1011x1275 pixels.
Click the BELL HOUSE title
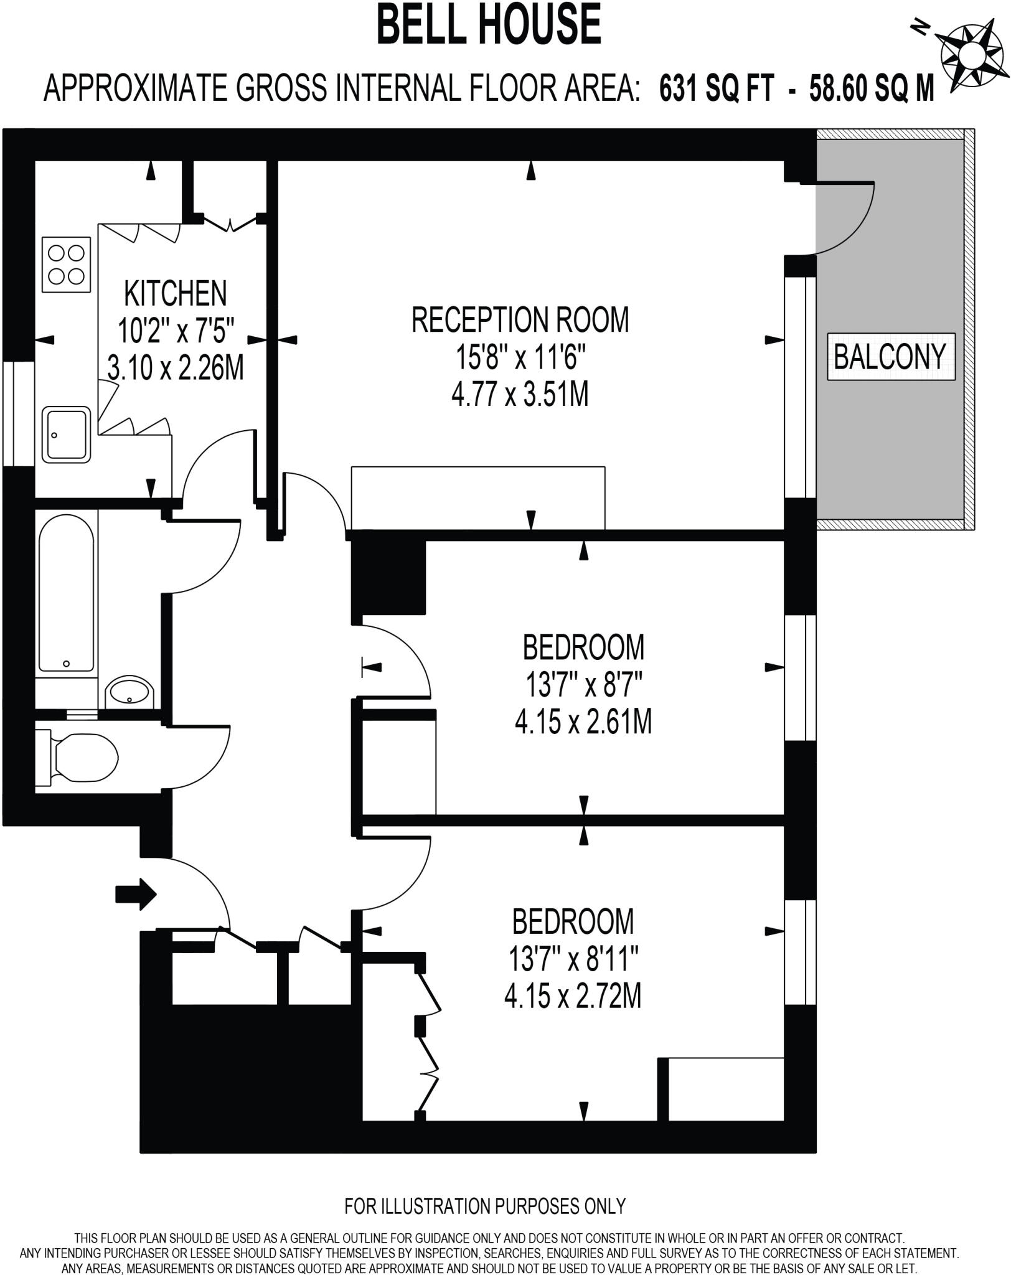(489, 25)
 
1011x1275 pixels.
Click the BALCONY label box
(890, 356)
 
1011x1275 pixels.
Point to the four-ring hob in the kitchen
(67, 264)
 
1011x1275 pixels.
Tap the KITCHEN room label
(176, 293)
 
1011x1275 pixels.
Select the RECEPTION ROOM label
(520, 319)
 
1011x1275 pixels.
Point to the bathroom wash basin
(129, 691)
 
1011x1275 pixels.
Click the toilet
(81, 757)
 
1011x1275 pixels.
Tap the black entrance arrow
(136, 894)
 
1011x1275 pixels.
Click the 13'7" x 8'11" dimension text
(575, 959)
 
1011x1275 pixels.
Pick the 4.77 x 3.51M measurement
(520, 395)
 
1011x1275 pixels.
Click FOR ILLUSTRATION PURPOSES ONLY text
(485, 1206)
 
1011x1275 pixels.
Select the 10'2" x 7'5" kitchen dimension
(176, 331)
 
